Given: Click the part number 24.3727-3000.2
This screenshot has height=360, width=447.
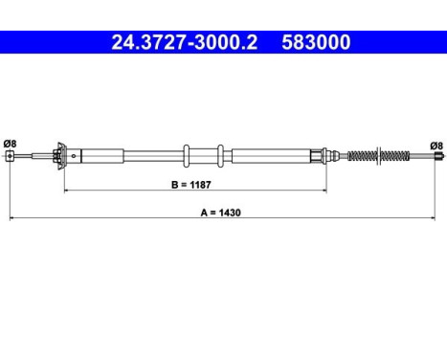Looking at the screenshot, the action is (x=185, y=42).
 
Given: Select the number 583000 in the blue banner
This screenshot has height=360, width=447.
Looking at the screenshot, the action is (x=316, y=42).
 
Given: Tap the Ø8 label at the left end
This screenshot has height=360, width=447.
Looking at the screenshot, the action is (x=10, y=144).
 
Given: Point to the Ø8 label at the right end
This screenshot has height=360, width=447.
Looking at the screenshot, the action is (x=436, y=146).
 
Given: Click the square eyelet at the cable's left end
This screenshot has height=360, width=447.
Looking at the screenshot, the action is (x=11, y=156).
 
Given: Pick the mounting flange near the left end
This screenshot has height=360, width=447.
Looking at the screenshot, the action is (x=61, y=156).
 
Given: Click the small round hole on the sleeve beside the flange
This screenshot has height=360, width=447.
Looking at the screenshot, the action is (x=74, y=156).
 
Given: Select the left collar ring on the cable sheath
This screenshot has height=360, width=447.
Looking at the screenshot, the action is (x=187, y=156).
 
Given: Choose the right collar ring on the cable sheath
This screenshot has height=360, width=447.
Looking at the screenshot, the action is (x=220, y=156).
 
